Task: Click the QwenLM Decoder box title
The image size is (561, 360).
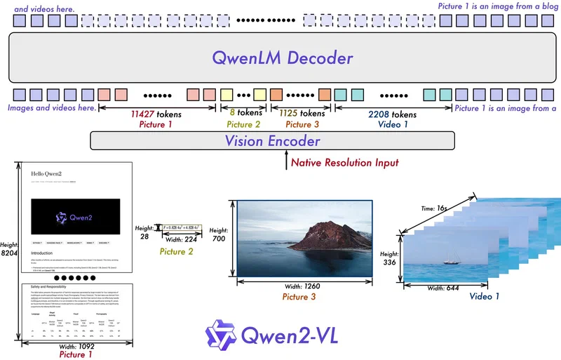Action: coord(280,57)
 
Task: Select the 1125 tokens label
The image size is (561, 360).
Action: coord(302,112)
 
